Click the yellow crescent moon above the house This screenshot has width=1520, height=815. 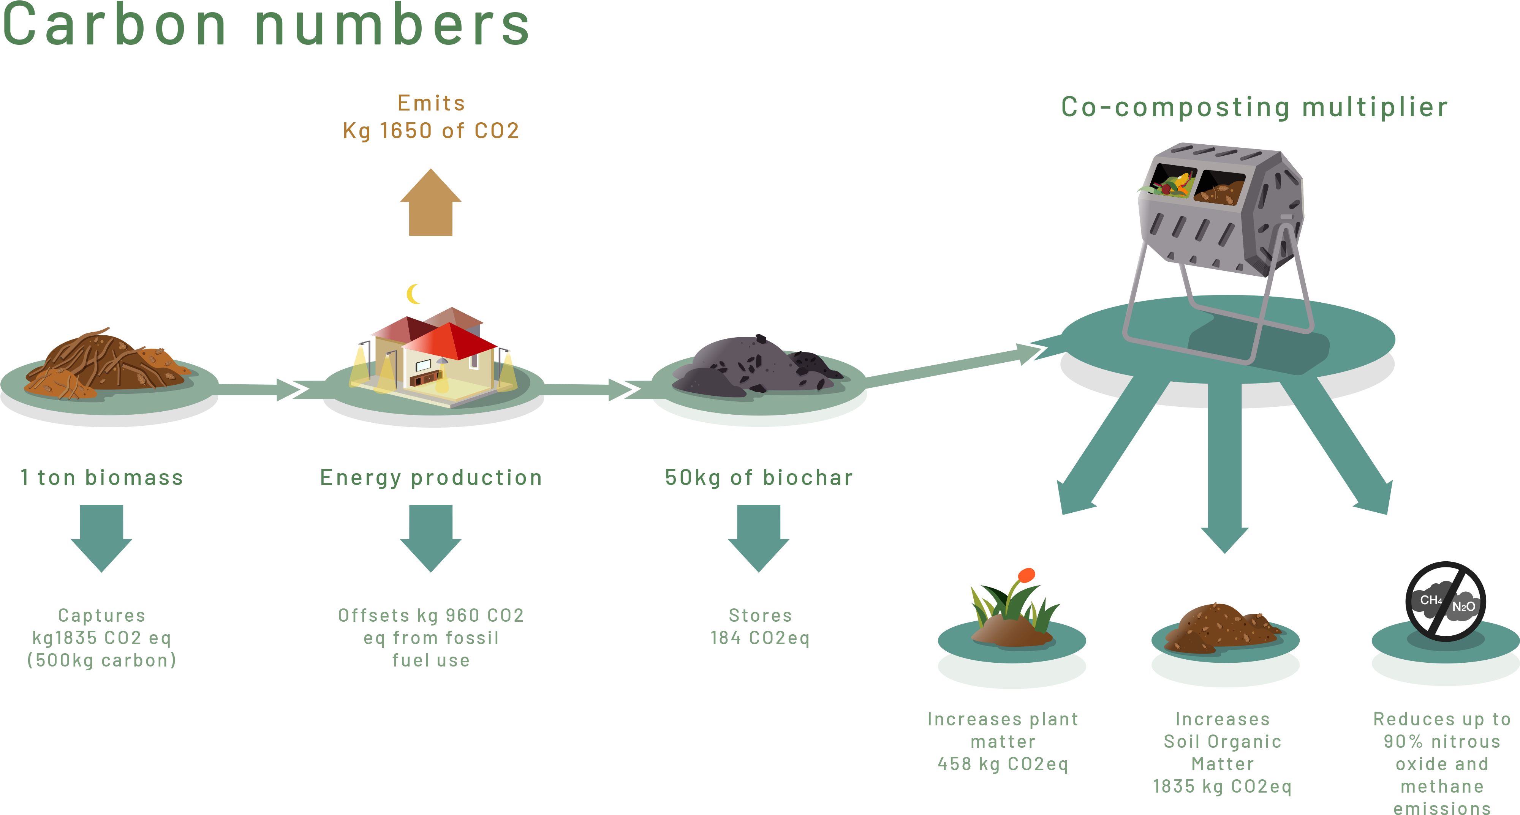pyautogui.click(x=413, y=294)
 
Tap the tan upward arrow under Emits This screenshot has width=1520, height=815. pyautogui.click(x=431, y=204)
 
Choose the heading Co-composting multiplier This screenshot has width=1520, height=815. pyautogui.click(x=1254, y=107)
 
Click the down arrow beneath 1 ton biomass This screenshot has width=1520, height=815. pyautogui.click(x=101, y=537)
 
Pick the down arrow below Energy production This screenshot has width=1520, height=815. pyautogui.click(x=431, y=537)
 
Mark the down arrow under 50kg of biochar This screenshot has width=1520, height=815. pyautogui.click(x=759, y=537)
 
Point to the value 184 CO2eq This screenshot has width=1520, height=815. pyautogui.click(x=759, y=638)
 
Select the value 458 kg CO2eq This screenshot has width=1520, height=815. pyautogui.click(x=1003, y=764)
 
